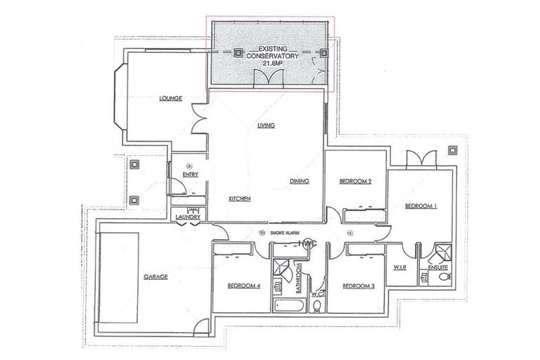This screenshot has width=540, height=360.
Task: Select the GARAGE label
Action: tap(155, 276)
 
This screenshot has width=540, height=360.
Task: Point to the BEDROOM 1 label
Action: tap(421, 206)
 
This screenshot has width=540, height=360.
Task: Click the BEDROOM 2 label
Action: tap(355, 181)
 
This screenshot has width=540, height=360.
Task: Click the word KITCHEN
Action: tap(240, 199)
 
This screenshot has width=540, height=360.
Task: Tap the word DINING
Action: tap(300, 181)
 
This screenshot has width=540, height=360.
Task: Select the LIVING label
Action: tap(265, 125)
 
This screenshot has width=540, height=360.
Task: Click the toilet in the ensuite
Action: tap(442, 276)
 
